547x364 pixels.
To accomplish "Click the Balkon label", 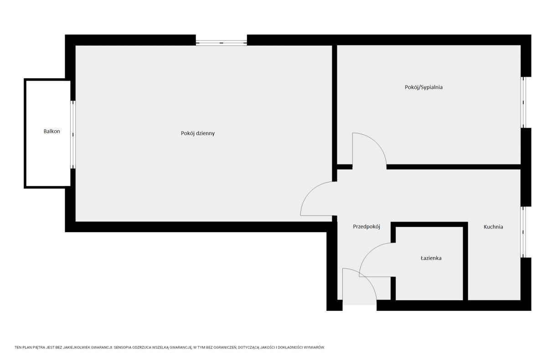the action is pos(52,131).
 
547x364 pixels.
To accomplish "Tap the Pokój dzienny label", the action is pos(197,133).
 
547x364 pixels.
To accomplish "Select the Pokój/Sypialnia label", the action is pos(423,87).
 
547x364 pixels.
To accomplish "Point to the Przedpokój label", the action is pos(366,227).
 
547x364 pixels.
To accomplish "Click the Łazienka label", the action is pos(431,258).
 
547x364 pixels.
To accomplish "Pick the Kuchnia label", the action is pos(493,227).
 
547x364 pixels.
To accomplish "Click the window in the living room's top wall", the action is pos(221,43).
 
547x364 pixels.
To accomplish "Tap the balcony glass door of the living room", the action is pos(73,135).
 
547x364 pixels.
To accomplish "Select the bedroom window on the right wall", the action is pos(523,102).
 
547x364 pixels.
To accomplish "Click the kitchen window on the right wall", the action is pos(523,232).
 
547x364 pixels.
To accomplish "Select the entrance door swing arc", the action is pos(366,278).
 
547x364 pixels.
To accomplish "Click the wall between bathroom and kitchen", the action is pos(465,261).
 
